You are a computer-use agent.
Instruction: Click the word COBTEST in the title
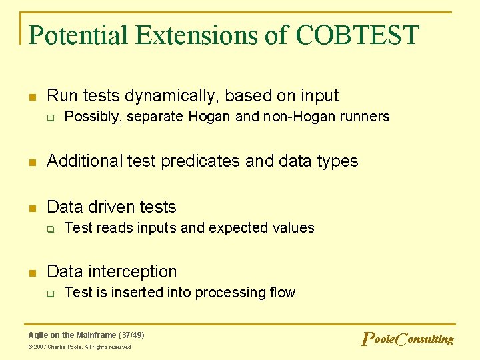pos(357,35)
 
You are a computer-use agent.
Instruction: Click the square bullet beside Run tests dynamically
pos(31,97)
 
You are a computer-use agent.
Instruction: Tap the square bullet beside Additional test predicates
pos(31,162)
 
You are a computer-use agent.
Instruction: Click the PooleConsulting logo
pos(407,339)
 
